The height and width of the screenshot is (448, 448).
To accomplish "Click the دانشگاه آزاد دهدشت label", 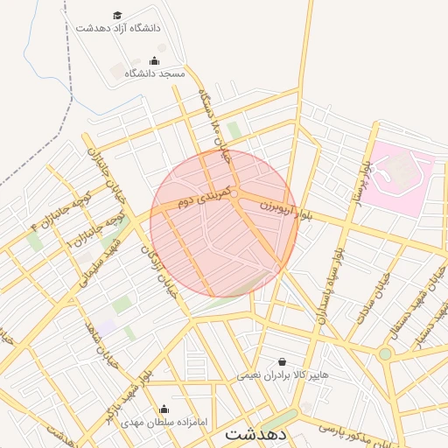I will (x=118, y=28).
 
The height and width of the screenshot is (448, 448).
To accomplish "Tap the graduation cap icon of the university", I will (x=118, y=15).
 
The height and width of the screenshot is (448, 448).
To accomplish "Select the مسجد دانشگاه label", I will (x=155, y=73).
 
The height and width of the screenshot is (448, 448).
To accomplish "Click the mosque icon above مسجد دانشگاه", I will (x=155, y=60).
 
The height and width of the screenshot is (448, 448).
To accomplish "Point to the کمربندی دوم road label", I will (x=203, y=195).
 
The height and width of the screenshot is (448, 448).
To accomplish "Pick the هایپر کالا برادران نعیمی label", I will (x=283, y=374).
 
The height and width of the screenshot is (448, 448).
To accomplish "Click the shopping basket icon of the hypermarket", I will (x=282, y=361).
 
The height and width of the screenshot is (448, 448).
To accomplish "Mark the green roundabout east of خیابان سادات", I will (x=385, y=353).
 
